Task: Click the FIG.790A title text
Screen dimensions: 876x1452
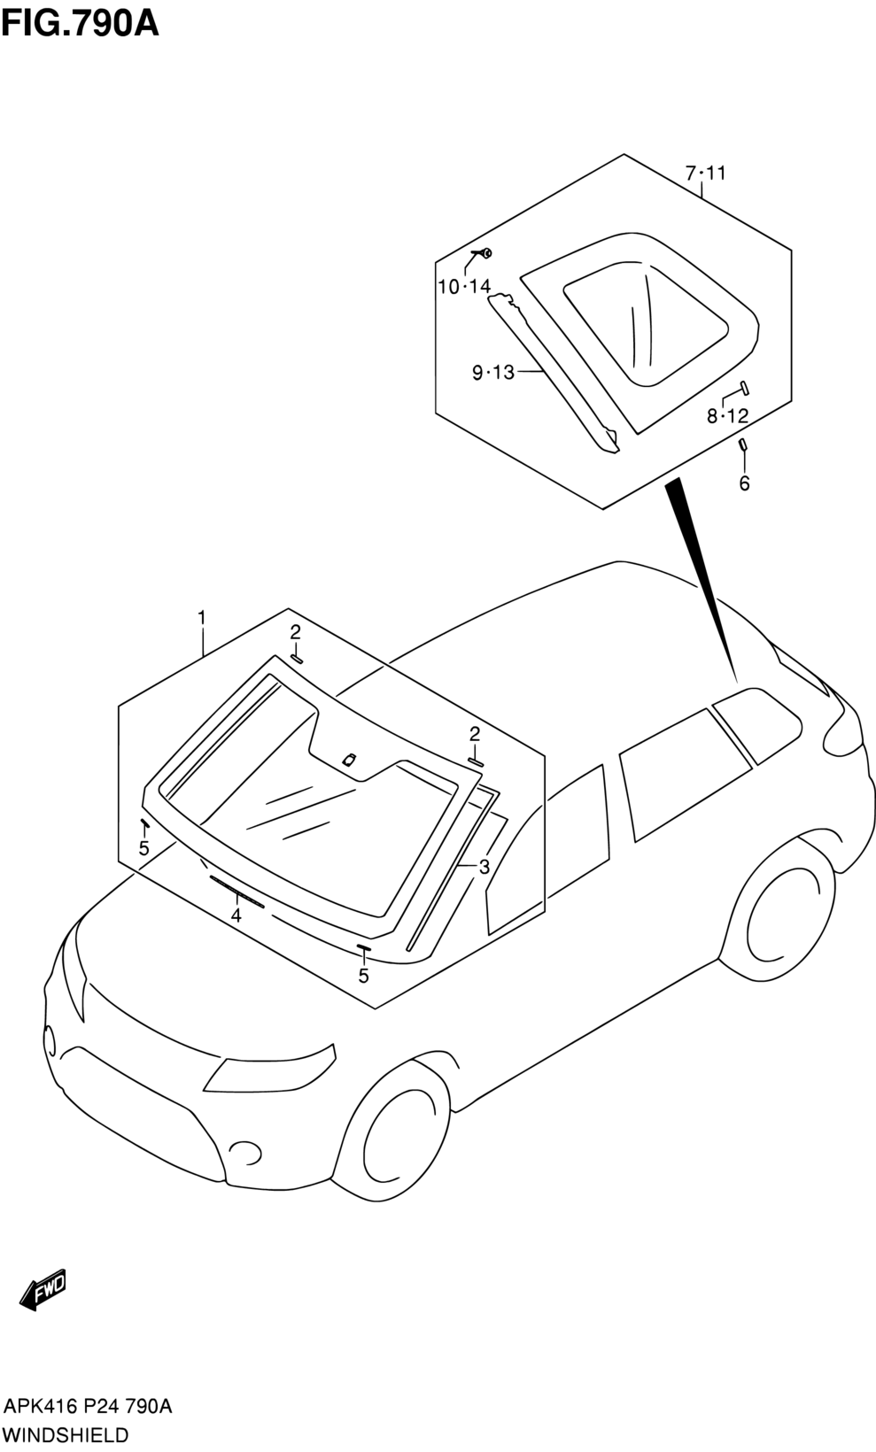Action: click(80, 24)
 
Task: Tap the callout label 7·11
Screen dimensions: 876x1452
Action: click(706, 173)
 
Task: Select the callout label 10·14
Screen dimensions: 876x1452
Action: click(464, 286)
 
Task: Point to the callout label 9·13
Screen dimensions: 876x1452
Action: click(492, 373)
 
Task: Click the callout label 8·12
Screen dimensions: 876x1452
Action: click(727, 415)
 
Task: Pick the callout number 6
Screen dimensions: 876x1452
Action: click(744, 483)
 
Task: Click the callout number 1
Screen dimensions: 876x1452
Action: click(202, 617)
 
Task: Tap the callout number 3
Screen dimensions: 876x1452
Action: click(485, 867)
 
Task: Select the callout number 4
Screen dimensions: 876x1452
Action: click(236, 916)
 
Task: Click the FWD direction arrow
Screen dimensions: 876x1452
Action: click(43, 1289)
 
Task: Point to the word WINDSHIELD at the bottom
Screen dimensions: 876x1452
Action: click(66, 1434)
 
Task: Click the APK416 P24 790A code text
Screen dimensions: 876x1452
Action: click(89, 1407)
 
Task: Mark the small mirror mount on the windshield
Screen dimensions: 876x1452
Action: click(349, 760)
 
